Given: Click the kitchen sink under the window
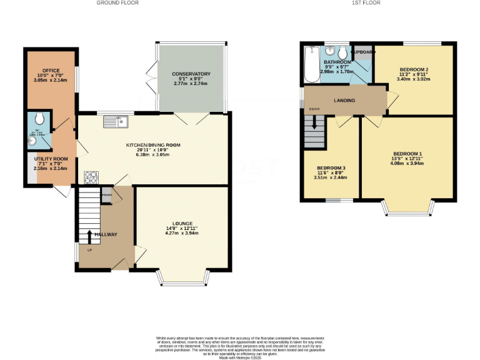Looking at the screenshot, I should click(116, 121).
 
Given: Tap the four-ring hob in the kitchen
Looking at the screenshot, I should click(91, 177).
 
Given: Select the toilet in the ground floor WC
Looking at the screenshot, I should click(39, 117).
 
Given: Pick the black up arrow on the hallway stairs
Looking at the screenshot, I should click(89, 236).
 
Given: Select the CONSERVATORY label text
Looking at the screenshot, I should click(191, 74).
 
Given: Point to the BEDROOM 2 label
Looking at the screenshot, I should click(414, 69).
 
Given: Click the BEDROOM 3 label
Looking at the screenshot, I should click(330, 168).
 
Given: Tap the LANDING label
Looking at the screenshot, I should click(344, 101).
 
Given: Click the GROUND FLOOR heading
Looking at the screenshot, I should click(117, 3).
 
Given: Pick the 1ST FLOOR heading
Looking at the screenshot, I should click(366, 3).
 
